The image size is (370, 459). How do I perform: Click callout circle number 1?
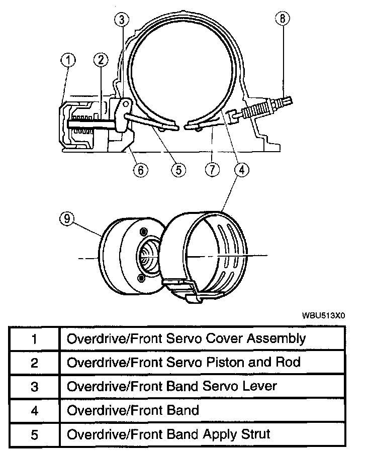pos(68,61)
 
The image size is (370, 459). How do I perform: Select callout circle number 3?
pos(121,20)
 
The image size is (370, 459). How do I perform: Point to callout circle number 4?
pos(241,170)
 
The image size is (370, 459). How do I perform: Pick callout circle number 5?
pos(178,170)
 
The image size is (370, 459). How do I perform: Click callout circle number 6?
pos(140,170)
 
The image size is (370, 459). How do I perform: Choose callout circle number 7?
pos(212,170)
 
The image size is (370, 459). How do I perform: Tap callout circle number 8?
pos(283,19)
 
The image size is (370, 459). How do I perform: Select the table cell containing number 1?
pos(34,338)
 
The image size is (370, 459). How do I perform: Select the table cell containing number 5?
pos(34,434)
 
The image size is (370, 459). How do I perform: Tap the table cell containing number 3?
pos(34,387)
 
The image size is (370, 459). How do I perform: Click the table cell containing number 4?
pos(34,411)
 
